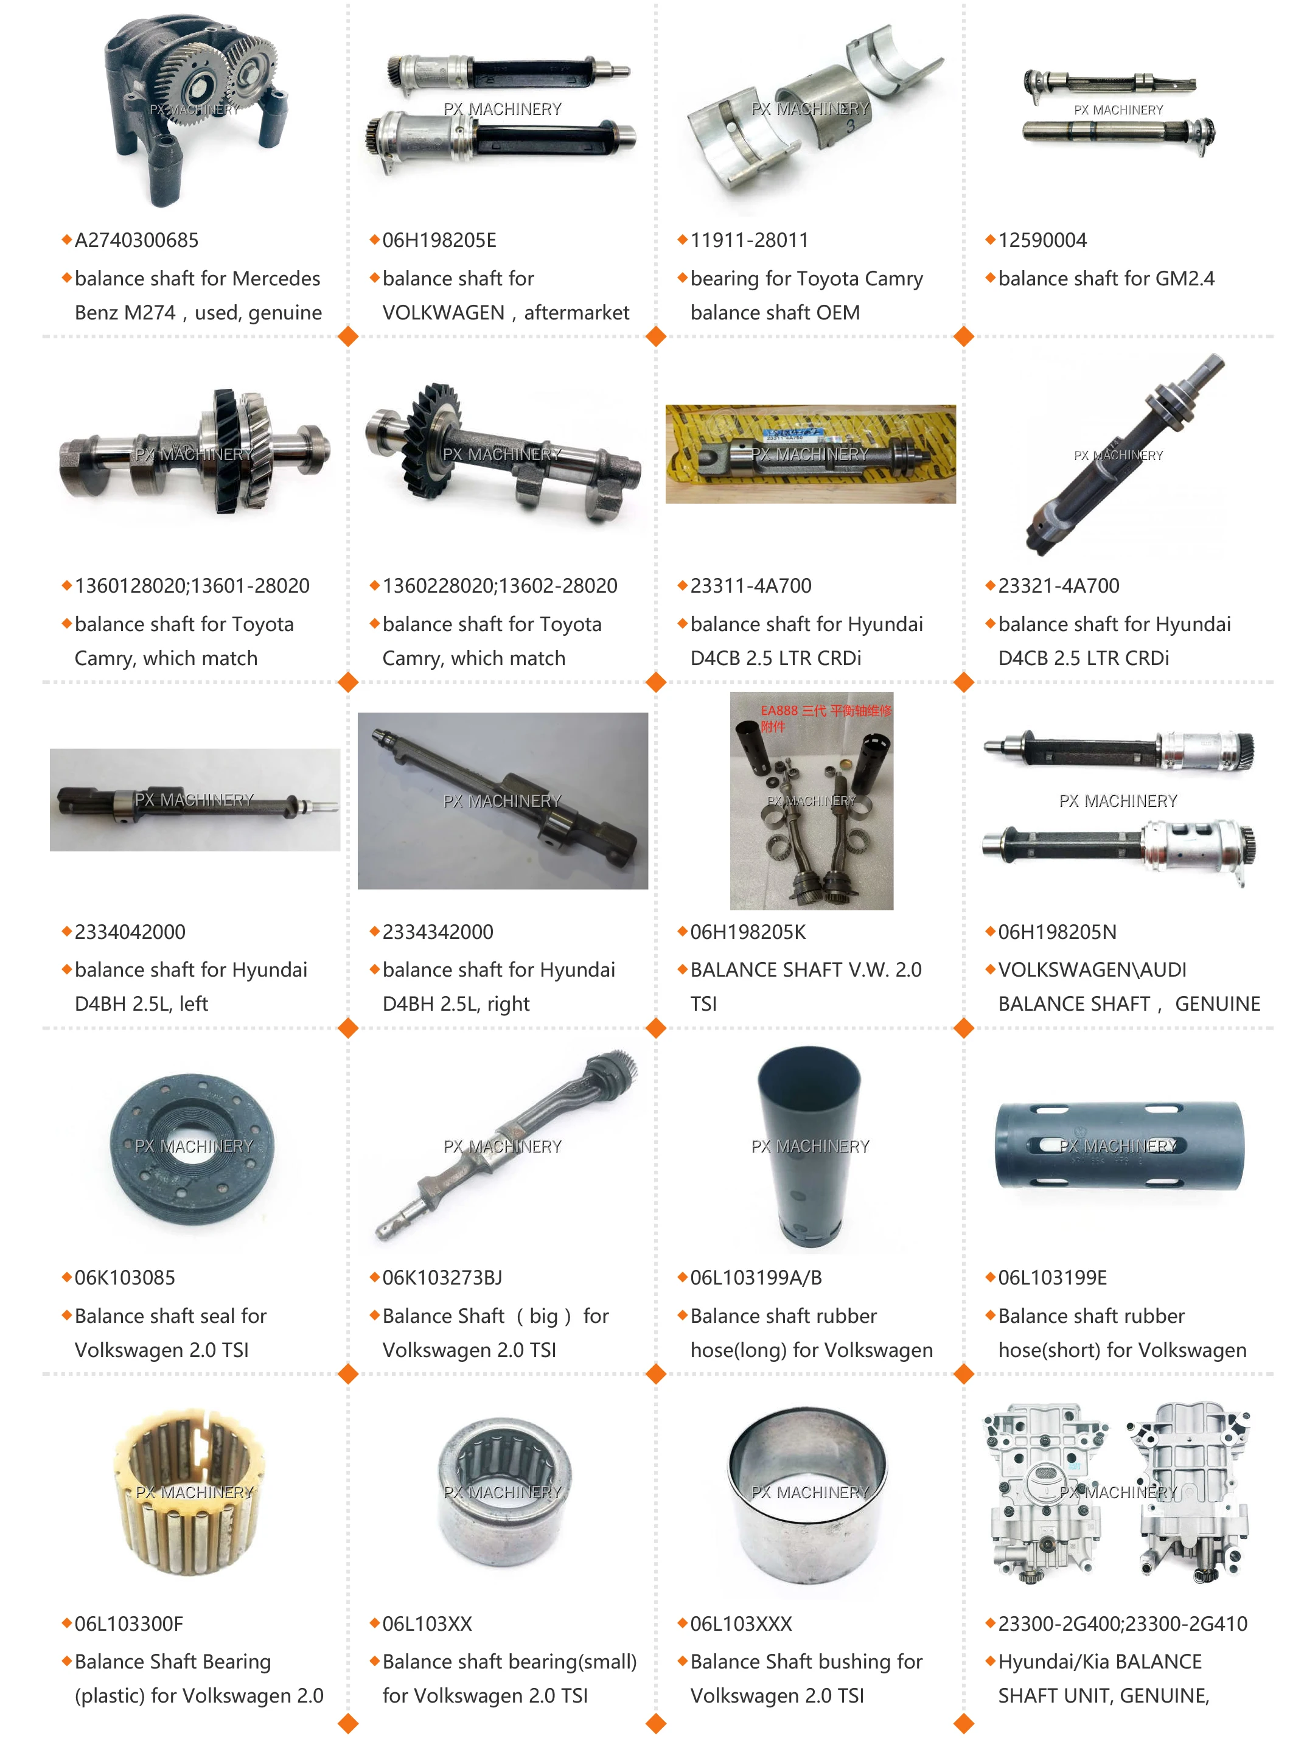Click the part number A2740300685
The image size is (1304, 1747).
click(x=136, y=240)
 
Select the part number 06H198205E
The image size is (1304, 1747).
click(x=439, y=240)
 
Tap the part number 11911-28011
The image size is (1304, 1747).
click(x=749, y=240)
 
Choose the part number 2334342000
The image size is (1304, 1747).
click(x=438, y=932)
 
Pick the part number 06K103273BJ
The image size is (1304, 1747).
click(x=442, y=1277)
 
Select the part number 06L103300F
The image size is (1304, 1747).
click(x=128, y=1624)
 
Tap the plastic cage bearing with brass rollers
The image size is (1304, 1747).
click(x=189, y=1492)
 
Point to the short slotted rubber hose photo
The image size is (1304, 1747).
click(x=1118, y=1146)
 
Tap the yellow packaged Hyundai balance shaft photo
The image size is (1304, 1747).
click(x=810, y=455)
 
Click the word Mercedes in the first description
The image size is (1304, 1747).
click(x=276, y=279)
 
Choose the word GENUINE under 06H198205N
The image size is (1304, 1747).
click(x=1217, y=1003)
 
